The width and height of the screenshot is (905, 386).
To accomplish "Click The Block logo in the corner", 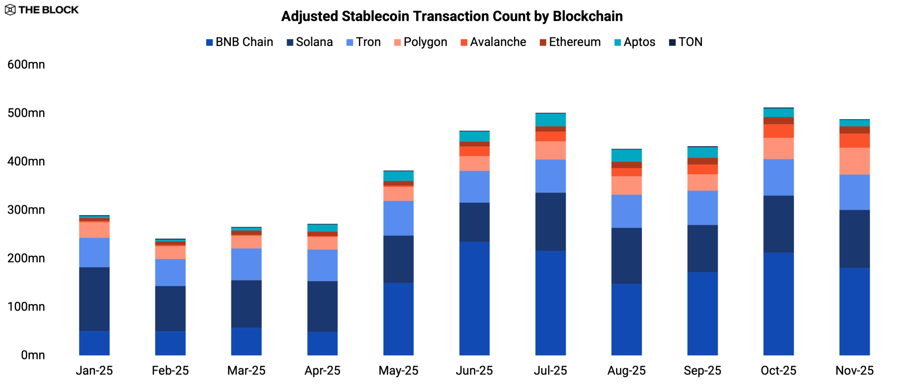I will [x=42, y=10].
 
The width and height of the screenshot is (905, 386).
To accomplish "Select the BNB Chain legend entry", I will [x=240, y=42].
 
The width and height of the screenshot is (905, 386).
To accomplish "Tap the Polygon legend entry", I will [x=421, y=42].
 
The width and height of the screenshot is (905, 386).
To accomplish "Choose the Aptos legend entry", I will [x=635, y=42].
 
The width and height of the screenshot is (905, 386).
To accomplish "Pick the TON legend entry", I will [x=686, y=42].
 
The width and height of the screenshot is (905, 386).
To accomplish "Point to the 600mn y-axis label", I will [x=26, y=65].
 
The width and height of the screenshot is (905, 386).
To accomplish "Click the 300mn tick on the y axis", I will [x=26, y=210].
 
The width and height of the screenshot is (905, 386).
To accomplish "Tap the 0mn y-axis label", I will [x=33, y=355].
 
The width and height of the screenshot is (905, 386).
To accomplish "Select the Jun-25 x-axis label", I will [x=474, y=370].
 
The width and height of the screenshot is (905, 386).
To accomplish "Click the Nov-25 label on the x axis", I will [x=854, y=370].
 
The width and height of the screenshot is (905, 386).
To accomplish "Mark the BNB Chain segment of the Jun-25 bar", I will [x=474, y=298].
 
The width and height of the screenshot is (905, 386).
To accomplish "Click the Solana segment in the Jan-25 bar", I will [x=94, y=299].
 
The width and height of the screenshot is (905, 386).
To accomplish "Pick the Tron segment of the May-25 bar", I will [x=398, y=218].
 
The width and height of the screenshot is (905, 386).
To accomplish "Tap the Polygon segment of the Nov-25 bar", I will [x=854, y=161].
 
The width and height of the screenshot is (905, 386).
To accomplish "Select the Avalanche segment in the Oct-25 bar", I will [x=778, y=131].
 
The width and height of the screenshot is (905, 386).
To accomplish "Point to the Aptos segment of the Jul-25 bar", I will [x=550, y=120].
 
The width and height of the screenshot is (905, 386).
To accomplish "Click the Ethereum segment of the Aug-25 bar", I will [x=626, y=165].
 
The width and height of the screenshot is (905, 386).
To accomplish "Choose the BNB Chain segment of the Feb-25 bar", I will [x=170, y=343].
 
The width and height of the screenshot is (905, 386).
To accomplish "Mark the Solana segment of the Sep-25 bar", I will [x=702, y=248].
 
